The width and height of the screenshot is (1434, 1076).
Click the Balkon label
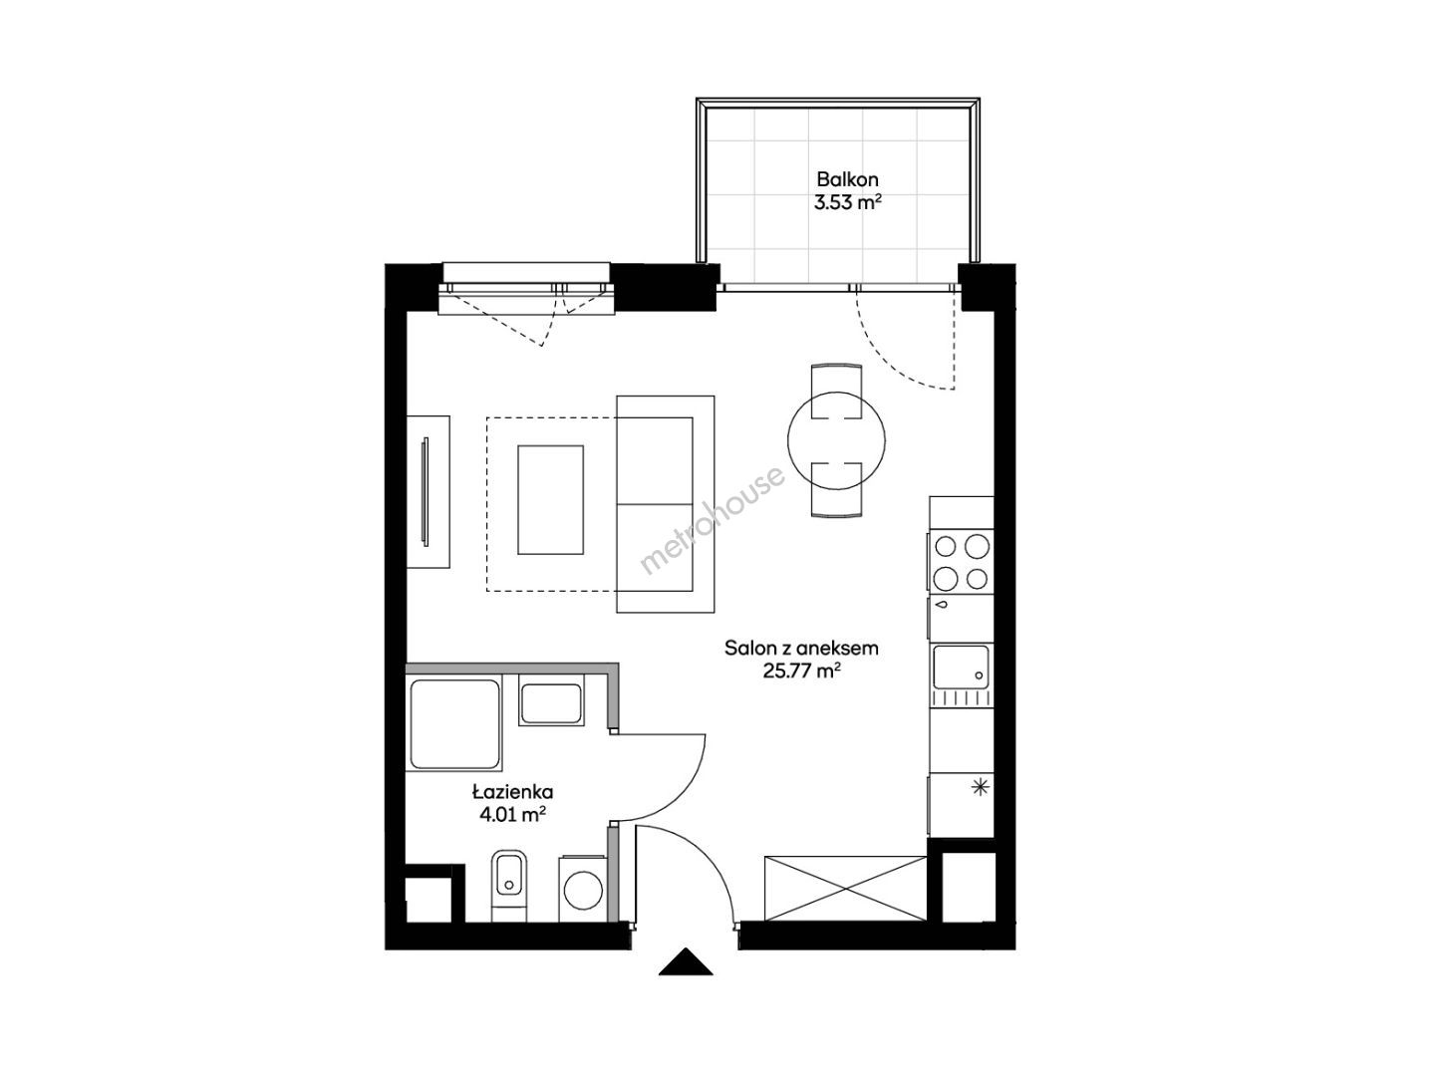coord(847,179)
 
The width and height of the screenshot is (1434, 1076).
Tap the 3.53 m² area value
coord(847,202)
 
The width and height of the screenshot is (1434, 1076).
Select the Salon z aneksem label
coord(801,649)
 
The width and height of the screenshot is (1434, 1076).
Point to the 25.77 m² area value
coord(801,672)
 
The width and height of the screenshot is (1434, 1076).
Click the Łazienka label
coord(513,792)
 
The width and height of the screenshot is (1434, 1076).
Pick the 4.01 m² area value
coord(513,815)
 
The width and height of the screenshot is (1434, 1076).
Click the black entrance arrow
coord(686,961)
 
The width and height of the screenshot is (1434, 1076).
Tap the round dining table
coord(836,440)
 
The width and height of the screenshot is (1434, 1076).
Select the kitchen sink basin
coord(961,667)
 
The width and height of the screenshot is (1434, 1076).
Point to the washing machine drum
coord(583,893)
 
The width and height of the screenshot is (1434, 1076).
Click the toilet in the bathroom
coord(509,885)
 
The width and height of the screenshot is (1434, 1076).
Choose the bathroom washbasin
coord(551,703)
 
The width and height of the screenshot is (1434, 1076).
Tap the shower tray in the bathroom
coord(455,724)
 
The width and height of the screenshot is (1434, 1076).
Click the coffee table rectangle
coord(550,500)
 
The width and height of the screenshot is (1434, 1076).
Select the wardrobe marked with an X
coord(845,889)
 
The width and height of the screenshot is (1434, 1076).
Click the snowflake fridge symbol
coord(980,788)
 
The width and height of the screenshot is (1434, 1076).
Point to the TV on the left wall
coord(426,491)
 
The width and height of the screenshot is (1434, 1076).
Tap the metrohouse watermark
coord(713,520)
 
